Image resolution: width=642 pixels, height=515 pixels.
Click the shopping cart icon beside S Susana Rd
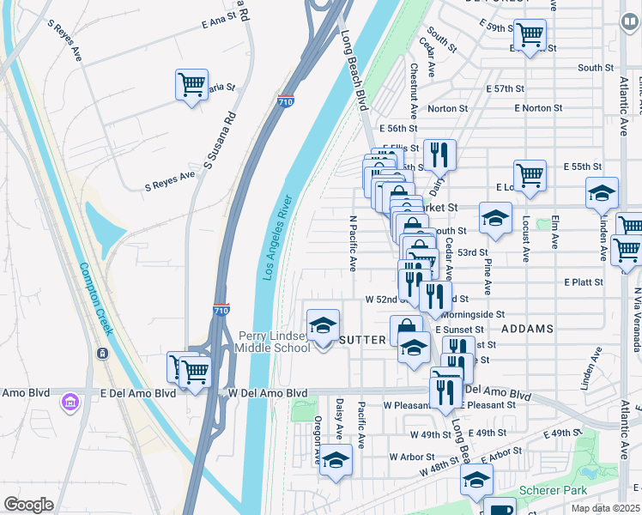click(191, 85)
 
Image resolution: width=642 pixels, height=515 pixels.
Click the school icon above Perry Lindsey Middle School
click(323, 326)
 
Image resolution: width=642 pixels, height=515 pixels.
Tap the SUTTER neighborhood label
click(363, 340)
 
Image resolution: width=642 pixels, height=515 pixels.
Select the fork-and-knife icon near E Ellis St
click(439, 154)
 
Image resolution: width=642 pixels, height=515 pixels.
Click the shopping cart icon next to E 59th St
click(530, 35)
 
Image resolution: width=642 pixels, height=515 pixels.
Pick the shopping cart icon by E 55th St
click(530, 176)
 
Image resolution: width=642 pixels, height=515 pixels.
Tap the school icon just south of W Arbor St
click(336, 461)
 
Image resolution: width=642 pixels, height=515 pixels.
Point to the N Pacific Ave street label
click(352, 244)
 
